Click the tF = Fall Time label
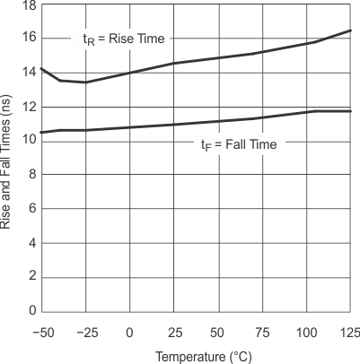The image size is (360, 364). pos(240,144)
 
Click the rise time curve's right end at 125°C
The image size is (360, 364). pos(350,30)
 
